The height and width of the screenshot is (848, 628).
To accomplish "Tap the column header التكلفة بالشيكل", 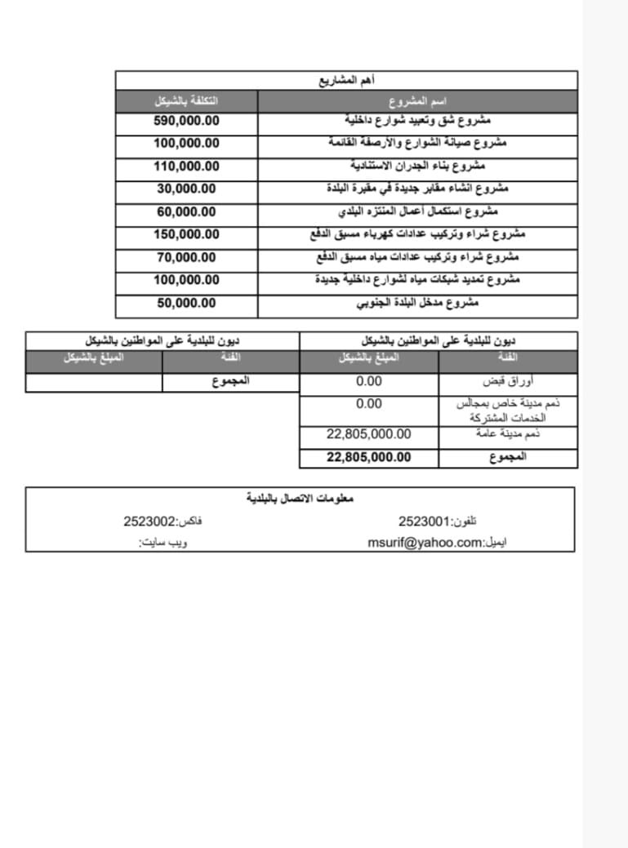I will click(186, 101).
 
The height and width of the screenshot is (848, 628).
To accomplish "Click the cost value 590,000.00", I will click(186, 121).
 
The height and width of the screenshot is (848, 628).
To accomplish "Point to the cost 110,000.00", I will click(186, 166).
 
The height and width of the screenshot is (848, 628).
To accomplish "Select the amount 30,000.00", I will click(186, 189).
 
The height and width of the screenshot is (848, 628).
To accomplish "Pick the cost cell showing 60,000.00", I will click(186, 211).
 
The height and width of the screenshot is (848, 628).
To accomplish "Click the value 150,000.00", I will click(186, 234).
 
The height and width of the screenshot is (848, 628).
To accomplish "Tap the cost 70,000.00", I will click(186, 257).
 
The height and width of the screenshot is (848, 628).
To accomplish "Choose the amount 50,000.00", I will click(186, 303).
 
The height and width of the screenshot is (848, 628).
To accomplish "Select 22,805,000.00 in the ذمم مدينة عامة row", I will click(369, 434).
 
